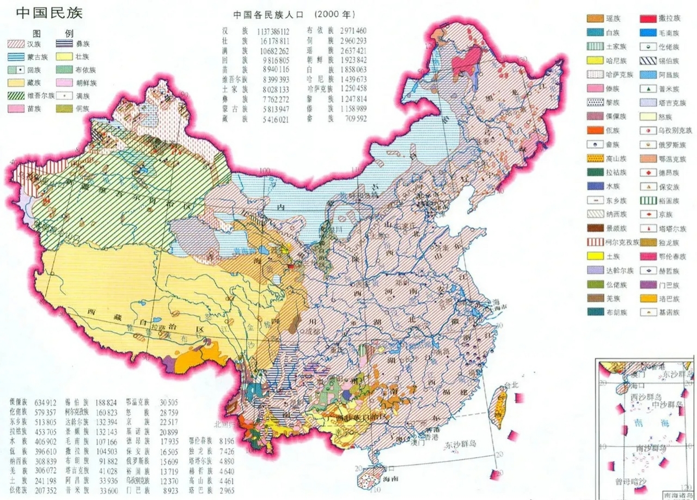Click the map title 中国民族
click(49, 13)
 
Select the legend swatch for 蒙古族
click(16, 57)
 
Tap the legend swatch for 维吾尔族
click(16, 96)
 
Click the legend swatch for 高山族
click(595, 159)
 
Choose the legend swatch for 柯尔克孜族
click(595, 242)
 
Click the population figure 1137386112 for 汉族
click(273, 31)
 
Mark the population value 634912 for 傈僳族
click(45, 403)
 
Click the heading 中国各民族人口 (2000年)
click(294, 14)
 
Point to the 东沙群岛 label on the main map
click(461, 444)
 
